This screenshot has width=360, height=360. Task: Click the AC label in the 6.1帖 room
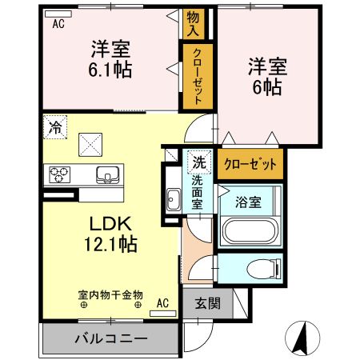tap(58, 23)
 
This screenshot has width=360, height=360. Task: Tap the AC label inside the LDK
tap(162, 302)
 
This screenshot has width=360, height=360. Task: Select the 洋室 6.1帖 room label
tap(110, 58)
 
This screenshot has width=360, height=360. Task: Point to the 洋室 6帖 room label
tap(264, 77)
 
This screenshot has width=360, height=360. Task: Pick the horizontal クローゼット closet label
tap(250, 163)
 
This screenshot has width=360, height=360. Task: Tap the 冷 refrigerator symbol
tap(54, 126)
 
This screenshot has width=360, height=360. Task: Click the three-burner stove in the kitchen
tap(61, 174)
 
